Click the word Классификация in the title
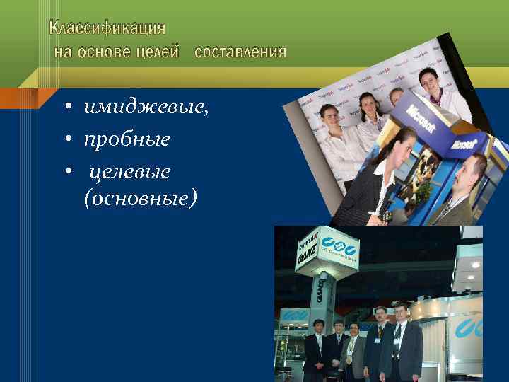pos(107,29)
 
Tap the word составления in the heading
pos(240,52)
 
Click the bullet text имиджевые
pos(146,108)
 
